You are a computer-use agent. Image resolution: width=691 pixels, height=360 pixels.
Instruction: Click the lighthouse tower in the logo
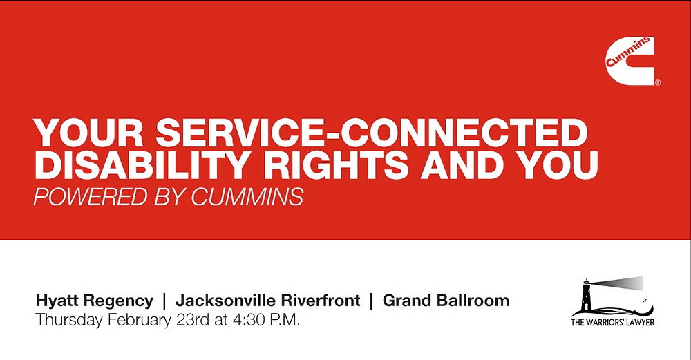586,295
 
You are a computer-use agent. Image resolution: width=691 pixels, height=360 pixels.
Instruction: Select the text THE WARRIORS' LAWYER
612,323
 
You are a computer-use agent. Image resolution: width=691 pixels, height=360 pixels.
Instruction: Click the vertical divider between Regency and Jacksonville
164,301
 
